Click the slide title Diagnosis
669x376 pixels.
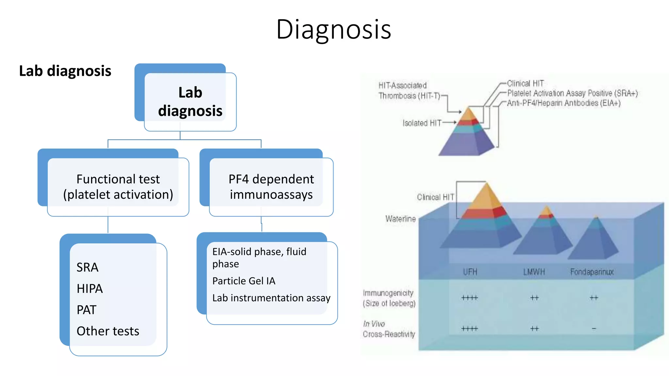coord(334,29)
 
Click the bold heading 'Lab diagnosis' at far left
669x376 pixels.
coord(65,71)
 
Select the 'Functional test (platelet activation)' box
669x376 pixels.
coord(118,187)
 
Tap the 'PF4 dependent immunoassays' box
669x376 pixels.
coord(271,187)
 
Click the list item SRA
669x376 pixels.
coord(87,267)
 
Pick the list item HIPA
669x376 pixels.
coord(90,289)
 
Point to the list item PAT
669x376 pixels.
coord(86,310)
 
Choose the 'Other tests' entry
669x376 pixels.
coord(108,331)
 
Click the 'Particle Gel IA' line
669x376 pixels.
coord(244,281)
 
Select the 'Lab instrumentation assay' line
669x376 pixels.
coord(271,298)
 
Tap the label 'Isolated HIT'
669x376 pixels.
coord(421,123)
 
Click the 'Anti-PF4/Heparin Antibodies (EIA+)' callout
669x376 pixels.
coord(563,103)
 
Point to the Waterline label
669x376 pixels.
coord(400,219)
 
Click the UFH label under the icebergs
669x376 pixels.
coord(470,272)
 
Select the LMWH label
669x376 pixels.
coord(534,272)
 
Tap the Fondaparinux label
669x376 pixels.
coord(592,272)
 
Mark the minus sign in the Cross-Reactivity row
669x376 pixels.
coord(594,329)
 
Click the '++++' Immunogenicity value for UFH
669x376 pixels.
coord(470,298)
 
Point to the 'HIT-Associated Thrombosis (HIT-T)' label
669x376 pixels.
coord(408,91)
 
